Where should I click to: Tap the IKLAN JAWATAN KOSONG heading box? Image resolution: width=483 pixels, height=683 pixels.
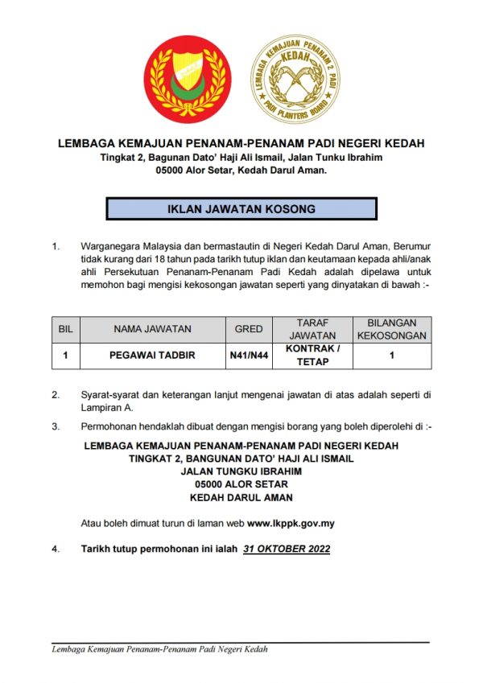pyautogui.click(x=241, y=209)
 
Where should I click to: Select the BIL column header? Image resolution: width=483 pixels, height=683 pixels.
pyautogui.click(x=65, y=329)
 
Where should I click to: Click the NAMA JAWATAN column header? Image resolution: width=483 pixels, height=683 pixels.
pyautogui.click(x=152, y=329)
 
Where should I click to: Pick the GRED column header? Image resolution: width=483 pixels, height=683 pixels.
pyautogui.click(x=249, y=329)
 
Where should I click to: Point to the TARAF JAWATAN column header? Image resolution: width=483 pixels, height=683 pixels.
pyautogui.click(x=311, y=329)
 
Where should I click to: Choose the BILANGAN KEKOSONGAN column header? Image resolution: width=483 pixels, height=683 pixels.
pyautogui.click(x=391, y=329)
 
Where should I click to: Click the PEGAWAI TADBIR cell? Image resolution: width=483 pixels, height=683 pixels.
pyautogui.click(x=152, y=355)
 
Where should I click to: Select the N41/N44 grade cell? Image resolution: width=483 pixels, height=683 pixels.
pyautogui.click(x=249, y=355)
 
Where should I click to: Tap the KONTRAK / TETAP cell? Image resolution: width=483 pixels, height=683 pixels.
pyautogui.click(x=311, y=355)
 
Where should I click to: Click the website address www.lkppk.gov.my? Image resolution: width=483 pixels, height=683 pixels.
pyautogui.click(x=291, y=523)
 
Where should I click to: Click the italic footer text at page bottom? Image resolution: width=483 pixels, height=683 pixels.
pyautogui.click(x=159, y=649)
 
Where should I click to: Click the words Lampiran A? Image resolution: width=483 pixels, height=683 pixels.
pyautogui.click(x=109, y=408)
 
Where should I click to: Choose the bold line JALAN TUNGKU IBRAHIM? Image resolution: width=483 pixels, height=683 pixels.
pyautogui.click(x=241, y=471)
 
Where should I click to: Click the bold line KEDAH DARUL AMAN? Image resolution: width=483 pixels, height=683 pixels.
pyautogui.click(x=241, y=498)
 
